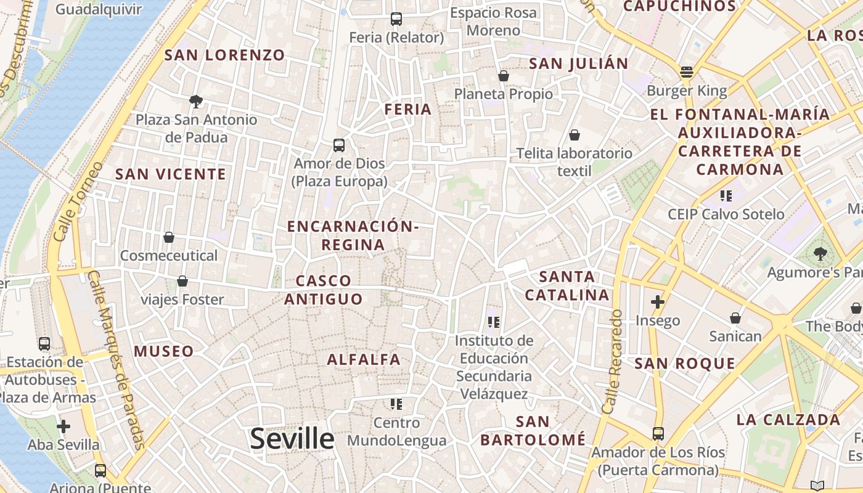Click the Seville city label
pyautogui.click(x=292, y=439)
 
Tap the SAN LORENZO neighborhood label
pyautogui.click(x=224, y=55)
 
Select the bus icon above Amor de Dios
pyautogui.click(x=339, y=145)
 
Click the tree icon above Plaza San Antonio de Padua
pyautogui.click(x=196, y=101)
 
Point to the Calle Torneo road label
pyautogui.click(x=78, y=201)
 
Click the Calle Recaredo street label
pyautogui.click(x=612, y=361)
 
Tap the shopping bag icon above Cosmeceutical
pyautogui.click(x=169, y=237)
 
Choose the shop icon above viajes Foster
pyautogui.click(x=182, y=282)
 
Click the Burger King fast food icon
pyautogui.click(x=687, y=72)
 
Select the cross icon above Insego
pyautogui.click(x=658, y=302)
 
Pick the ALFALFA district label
pyautogui.click(x=364, y=359)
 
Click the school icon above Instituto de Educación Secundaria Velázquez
pyautogui.click(x=493, y=322)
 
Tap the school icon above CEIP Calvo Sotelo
pyautogui.click(x=726, y=196)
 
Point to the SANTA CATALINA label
pyautogui.click(x=567, y=286)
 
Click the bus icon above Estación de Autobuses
pyautogui.click(x=44, y=344)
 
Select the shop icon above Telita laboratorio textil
pyautogui.click(x=575, y=135)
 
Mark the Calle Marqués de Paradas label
pyautogui.click(x=116, y=361)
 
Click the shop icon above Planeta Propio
pyautogui.click(x=504, y=76)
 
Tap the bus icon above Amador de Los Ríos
pyautogui.click(x=658, y=434)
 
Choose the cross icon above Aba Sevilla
pyautogui.click(x=63, y=426)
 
